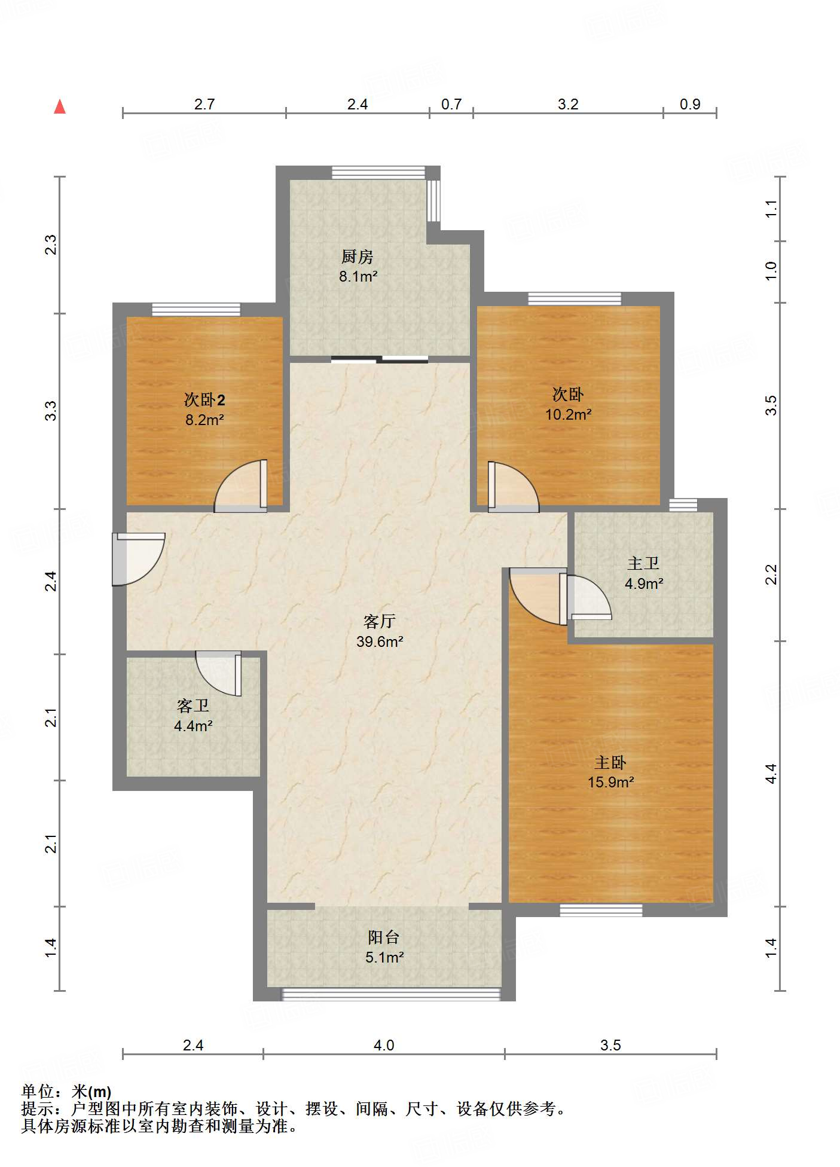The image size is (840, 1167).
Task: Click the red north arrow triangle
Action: coord(60,107)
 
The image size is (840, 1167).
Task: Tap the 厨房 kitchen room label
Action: coord(358,256)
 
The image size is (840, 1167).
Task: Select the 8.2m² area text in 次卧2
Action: coord(204,420)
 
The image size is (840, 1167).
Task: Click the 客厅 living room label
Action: coord(380,621)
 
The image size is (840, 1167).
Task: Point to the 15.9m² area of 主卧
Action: coord(610,782)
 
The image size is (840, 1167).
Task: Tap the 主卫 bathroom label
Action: coord(643,563)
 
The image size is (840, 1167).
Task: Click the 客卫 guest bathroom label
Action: coord(193,706)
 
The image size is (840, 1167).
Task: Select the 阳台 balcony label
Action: coord(384,937)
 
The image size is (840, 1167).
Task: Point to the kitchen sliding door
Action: coord(380,359)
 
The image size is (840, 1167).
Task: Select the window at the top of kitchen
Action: coord(378,172)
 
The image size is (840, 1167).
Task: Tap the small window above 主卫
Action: coord(683,505)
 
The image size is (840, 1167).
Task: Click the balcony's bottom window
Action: coord(390,994)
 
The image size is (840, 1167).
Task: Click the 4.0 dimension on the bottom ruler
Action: coord(384,1045)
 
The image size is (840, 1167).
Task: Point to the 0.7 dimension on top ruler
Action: coord(451,104)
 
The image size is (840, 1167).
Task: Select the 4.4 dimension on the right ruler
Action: coord(771,774)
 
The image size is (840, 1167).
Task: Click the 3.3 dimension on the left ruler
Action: coord(51,411)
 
